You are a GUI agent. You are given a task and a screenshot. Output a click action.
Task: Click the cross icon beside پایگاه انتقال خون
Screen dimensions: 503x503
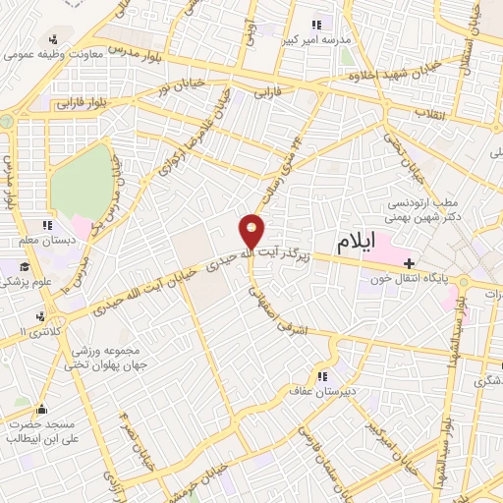click(x=411, y=263)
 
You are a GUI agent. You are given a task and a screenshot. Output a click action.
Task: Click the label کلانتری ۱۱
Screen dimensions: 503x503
click(x=34, y=333)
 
